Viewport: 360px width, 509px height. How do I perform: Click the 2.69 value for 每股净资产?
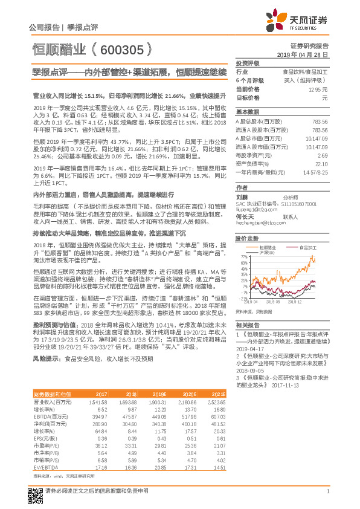point(323,155)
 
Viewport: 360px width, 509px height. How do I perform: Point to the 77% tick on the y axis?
point(243,255)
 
